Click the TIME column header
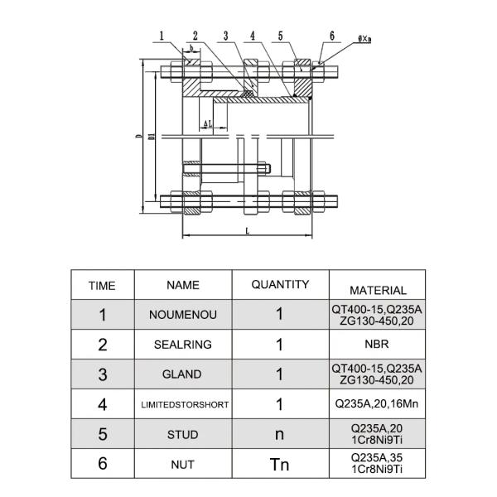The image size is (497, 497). (102, 286)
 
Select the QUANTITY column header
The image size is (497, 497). (280, 285)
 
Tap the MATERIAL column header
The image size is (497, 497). (378, 291)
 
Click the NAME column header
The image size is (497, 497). (183, 285)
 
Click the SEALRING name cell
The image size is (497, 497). (183, 345)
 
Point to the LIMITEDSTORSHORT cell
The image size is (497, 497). (184, 405)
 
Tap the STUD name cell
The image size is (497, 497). (184, 434)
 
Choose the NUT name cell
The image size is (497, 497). (183, 465)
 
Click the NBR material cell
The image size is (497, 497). (377, 345)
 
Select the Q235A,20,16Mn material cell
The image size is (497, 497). (377, 405)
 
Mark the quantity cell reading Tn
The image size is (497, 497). (280, 464)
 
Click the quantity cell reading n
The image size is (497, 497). (280, 434)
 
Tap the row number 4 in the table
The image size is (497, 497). (103, 405)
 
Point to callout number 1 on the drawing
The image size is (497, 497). (162, 35)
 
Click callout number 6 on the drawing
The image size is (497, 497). (331, 36)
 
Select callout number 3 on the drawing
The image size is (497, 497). (224, 35)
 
